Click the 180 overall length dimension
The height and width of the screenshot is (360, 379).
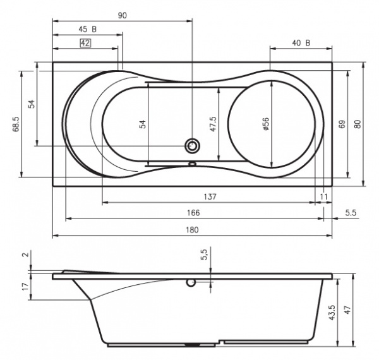(192, 229)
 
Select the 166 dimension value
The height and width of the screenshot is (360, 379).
(193, 213)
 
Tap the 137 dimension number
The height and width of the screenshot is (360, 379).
(210, 197)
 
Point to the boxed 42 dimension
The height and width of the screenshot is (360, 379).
(85, 43)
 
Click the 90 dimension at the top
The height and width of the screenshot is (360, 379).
(123, 15)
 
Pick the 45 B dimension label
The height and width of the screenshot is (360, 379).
(88, 29)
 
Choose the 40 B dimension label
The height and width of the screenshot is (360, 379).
(301, 43)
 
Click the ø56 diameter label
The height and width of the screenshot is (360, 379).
(266, 124)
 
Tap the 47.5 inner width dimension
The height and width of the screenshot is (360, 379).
(213, 124)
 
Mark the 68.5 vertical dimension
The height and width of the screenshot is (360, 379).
(16, 124)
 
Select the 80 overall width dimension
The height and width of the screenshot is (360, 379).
(358, 124)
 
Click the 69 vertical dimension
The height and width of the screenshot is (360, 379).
(342, 124)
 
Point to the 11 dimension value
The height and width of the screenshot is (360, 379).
(323, 197)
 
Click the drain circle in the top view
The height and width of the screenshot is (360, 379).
(193, 146)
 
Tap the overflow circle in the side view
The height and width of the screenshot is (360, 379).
(191, 283)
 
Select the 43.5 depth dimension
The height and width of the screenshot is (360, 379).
(332, 312)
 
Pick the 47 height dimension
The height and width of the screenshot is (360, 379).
(347, 310)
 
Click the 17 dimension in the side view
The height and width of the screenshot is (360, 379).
(25, 287)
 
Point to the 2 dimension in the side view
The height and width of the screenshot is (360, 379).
(26, 254)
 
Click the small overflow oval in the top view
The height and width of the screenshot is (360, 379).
(192, 164)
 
